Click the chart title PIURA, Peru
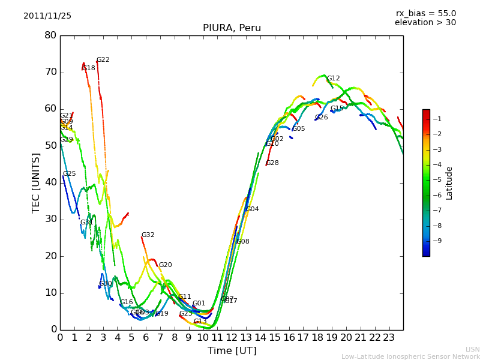(x=232, y=28)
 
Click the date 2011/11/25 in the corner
(x=47, y=16)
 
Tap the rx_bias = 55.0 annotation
(x=425, y=13)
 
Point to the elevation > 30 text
(x=425, y=23)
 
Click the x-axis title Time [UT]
(x=232, y=351)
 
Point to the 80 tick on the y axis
(x=50, y=35)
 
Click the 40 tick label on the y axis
(x=50, y=182)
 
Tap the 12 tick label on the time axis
(x=232, y=338)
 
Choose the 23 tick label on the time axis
(x=389, y=338)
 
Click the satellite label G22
(x=103, y=60)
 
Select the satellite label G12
(x=333, y=79)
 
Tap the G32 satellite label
(x=148, y=235)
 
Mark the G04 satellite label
(x=253, y=209)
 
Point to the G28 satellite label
(x=272, y=163)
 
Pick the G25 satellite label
(x=70, y=174)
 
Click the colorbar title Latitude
(x=449, y=183)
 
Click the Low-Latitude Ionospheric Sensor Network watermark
(x=410, y=356)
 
